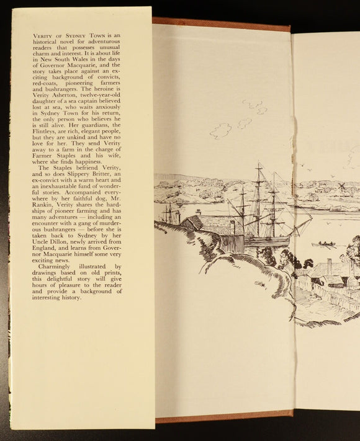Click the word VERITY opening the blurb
[x=42, y=38]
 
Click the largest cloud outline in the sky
[x=221, y=130]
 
